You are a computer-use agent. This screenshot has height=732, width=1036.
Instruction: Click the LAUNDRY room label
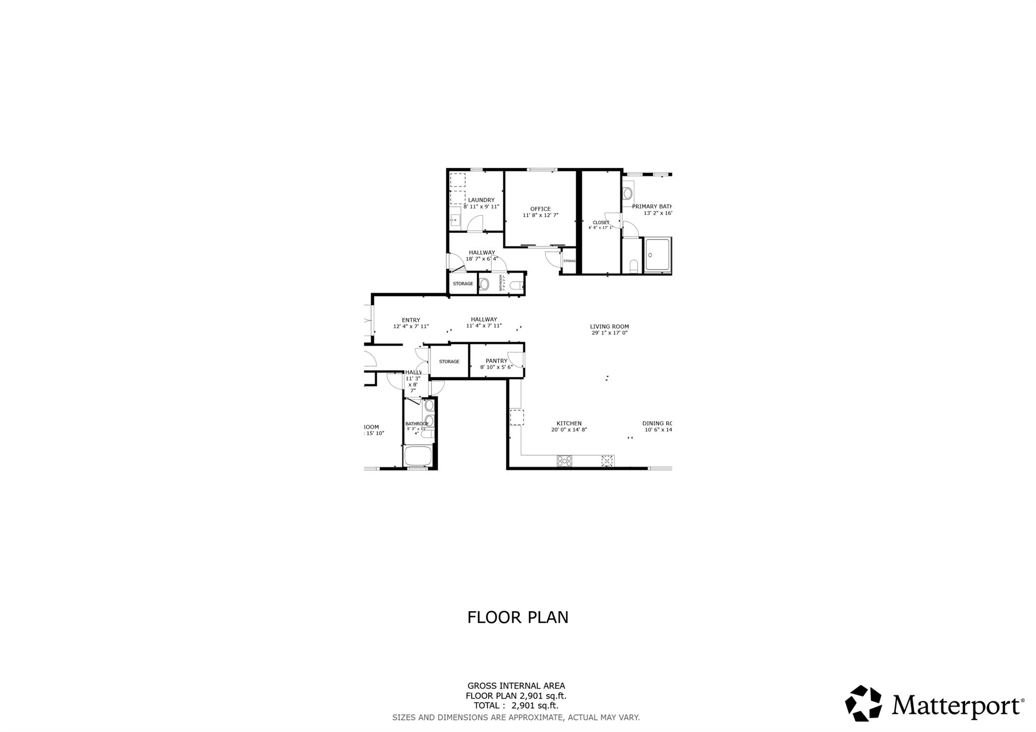click(481, 200)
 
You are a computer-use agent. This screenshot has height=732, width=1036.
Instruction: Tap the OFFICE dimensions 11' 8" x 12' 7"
click(540, 216)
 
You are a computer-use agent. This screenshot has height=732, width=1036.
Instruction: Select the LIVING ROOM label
click(609, 327)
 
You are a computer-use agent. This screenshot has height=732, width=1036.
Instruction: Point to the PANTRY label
click(496, 361)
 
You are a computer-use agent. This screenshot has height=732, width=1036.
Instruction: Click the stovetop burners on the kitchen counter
click(565, 461)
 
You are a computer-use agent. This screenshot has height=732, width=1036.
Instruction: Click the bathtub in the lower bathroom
click(417, 456)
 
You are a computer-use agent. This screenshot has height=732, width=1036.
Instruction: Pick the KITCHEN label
click(569, 423)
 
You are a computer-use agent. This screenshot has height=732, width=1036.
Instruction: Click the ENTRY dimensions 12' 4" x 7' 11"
click(411, 326)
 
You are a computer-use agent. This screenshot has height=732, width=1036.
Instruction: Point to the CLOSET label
click(601, 223)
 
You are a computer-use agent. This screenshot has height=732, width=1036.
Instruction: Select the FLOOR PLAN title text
click(517, 618)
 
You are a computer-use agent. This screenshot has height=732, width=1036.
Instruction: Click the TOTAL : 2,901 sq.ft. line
click(516, 706)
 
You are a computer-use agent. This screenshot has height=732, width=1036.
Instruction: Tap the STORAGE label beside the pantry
click(449, 362)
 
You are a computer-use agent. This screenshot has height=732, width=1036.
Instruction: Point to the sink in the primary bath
click(628, 193)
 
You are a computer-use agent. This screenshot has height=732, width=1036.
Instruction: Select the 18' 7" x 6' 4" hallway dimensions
click(482, 259)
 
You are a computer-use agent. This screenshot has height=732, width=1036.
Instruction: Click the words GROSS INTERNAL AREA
click(516, 686)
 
